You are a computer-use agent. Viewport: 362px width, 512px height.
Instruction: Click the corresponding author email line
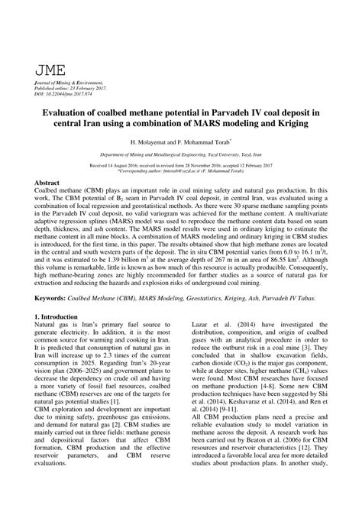pos(182,172)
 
